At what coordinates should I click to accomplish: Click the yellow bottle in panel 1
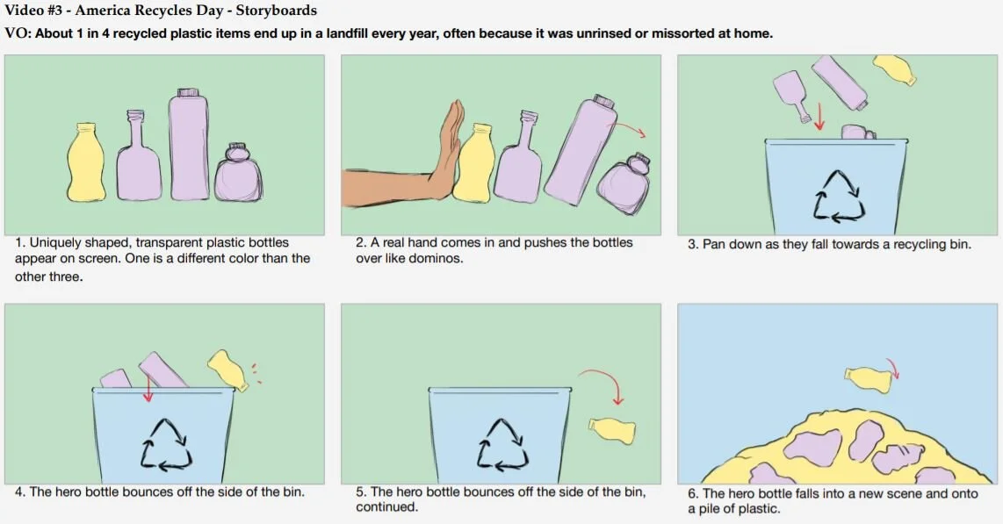pos(87,162)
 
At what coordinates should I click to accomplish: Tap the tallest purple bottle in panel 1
pos(189,145)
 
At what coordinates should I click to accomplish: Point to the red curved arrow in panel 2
pos(630,129)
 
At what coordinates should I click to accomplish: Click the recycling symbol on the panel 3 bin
pos(839,197)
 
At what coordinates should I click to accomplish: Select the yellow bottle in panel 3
pos(895,69)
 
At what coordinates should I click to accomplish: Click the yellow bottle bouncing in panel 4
pos(227,370)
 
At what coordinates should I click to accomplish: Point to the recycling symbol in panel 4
pos(166,445)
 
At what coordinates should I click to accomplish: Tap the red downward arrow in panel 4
pos(148,388)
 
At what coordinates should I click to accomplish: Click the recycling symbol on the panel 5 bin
pos(502,445)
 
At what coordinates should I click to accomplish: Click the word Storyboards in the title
pos(277,11)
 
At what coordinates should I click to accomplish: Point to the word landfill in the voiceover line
pos(347,33)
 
